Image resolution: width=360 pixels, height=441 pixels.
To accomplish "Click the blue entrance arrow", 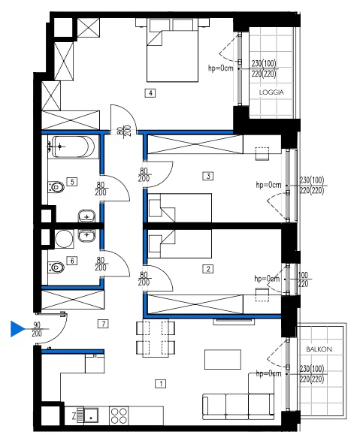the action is click(x=17, y=328).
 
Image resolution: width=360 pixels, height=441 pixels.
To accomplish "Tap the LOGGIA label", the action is click(x=271, y=92).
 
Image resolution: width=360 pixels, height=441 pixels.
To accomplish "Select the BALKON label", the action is click(x=319, y=349).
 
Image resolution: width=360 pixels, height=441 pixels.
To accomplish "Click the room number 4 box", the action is click(x=150, y=93).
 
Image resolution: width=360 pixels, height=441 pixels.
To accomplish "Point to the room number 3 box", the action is click(x=208, y=176).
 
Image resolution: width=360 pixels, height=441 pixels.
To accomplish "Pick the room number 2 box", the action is click(x=208, y=269).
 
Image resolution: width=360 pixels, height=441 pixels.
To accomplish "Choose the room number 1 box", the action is click(x=161, y=384).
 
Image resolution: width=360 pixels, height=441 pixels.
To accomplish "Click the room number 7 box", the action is click(x=103, y=324).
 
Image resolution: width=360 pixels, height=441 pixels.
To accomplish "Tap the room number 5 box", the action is click(x=72, y=182).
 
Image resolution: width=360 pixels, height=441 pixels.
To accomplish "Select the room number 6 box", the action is click(x=72, y=261).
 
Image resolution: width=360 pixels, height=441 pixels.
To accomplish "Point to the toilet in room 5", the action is click(x=56, y=187).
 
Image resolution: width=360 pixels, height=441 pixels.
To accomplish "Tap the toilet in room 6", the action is click(x=56, y=267).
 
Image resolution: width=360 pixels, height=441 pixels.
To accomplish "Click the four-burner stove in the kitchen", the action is click(x=119, y=416).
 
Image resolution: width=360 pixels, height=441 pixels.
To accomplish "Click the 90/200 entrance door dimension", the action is click(x=37, y=329).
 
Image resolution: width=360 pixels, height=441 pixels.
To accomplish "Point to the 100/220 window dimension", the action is click(x=303, y=279).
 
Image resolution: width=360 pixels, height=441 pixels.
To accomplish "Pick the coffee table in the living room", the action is click(x=222, y=359).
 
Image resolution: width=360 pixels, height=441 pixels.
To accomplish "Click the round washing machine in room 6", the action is click(x=64, y=239).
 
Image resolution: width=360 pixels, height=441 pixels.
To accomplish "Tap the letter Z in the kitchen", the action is click(x=74, y=416).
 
